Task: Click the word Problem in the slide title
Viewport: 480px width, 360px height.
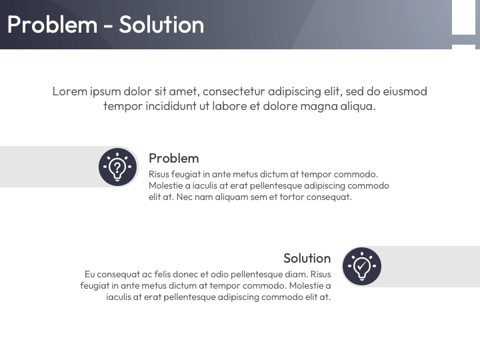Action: pos(52,25)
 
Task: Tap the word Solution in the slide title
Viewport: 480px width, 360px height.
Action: pos(161,25)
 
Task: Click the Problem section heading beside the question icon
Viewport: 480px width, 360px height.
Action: pos(173,158)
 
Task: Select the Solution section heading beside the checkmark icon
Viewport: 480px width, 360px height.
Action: pos(307,258)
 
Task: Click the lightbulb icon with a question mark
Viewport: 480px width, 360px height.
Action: pos(118,166)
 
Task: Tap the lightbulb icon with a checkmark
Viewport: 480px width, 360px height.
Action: pos(361,266)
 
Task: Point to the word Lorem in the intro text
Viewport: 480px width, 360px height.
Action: pos(69,91)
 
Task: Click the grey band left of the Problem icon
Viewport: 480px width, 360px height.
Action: pos(47,166)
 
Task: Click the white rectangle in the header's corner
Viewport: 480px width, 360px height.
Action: pos(463,17)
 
